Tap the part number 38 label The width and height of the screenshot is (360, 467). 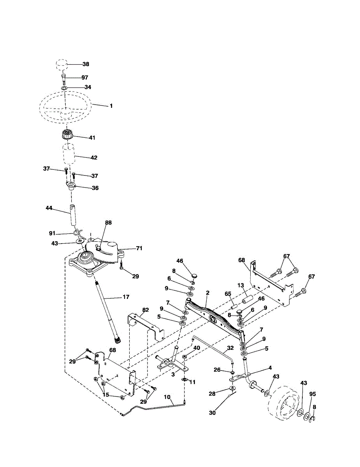[86, 64]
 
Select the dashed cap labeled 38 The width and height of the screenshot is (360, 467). [61, 64]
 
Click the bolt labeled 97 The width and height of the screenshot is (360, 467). [64, 79]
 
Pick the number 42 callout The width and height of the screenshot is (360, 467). [94, 158]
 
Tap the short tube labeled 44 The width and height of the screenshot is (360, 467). [73, 215]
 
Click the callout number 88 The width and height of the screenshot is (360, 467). [108, 223]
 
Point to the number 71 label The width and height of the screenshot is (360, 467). [139, 248]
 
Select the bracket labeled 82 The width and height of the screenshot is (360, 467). [146, 327]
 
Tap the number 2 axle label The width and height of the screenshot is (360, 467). [207, 293]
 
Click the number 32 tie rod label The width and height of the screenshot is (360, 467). [230, 348]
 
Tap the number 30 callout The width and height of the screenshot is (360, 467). [212, 413]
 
